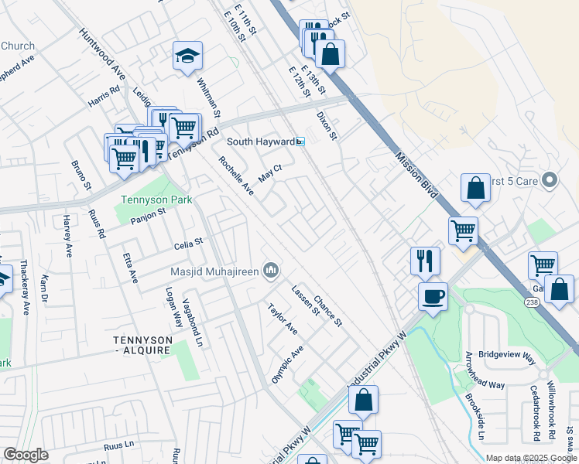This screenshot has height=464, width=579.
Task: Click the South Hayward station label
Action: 260,142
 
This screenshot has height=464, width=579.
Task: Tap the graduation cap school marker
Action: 187,56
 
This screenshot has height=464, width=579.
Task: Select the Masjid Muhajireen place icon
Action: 270,271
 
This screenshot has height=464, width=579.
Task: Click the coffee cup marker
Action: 433,295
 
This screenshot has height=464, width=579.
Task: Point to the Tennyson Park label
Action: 155,200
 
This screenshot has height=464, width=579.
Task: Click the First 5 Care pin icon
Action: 550,181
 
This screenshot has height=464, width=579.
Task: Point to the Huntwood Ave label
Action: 101,54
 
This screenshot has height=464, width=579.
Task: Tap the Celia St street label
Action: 188,242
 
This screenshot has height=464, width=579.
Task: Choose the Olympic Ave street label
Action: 286,363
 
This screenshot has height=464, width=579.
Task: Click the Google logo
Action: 26,455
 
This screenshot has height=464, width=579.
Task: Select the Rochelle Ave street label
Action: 236,176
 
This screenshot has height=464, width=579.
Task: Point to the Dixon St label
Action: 327,125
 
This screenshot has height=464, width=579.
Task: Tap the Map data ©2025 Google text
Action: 531,458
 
